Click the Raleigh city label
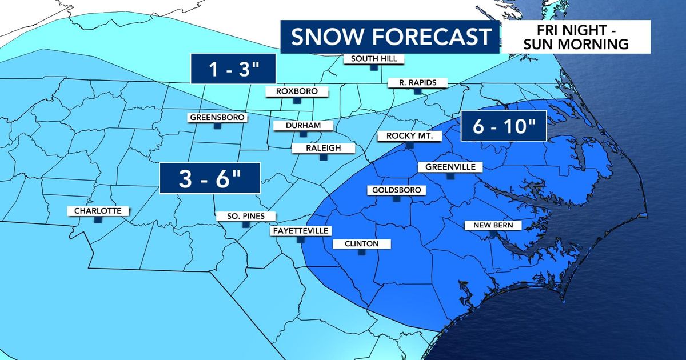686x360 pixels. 324,149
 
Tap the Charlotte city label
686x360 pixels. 98,211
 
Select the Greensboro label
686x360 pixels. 217,118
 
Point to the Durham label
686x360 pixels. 304,126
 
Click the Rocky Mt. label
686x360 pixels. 409,136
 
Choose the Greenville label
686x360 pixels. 450,167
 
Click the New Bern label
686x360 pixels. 489,225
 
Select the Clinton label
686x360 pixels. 361,244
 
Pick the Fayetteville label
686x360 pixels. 300,231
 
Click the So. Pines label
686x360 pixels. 246,217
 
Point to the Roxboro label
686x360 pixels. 296,91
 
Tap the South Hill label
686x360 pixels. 373,59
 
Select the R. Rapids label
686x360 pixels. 417,83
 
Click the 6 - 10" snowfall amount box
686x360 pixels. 502,126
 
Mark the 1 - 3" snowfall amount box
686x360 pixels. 233,70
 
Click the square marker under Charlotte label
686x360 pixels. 98,219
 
